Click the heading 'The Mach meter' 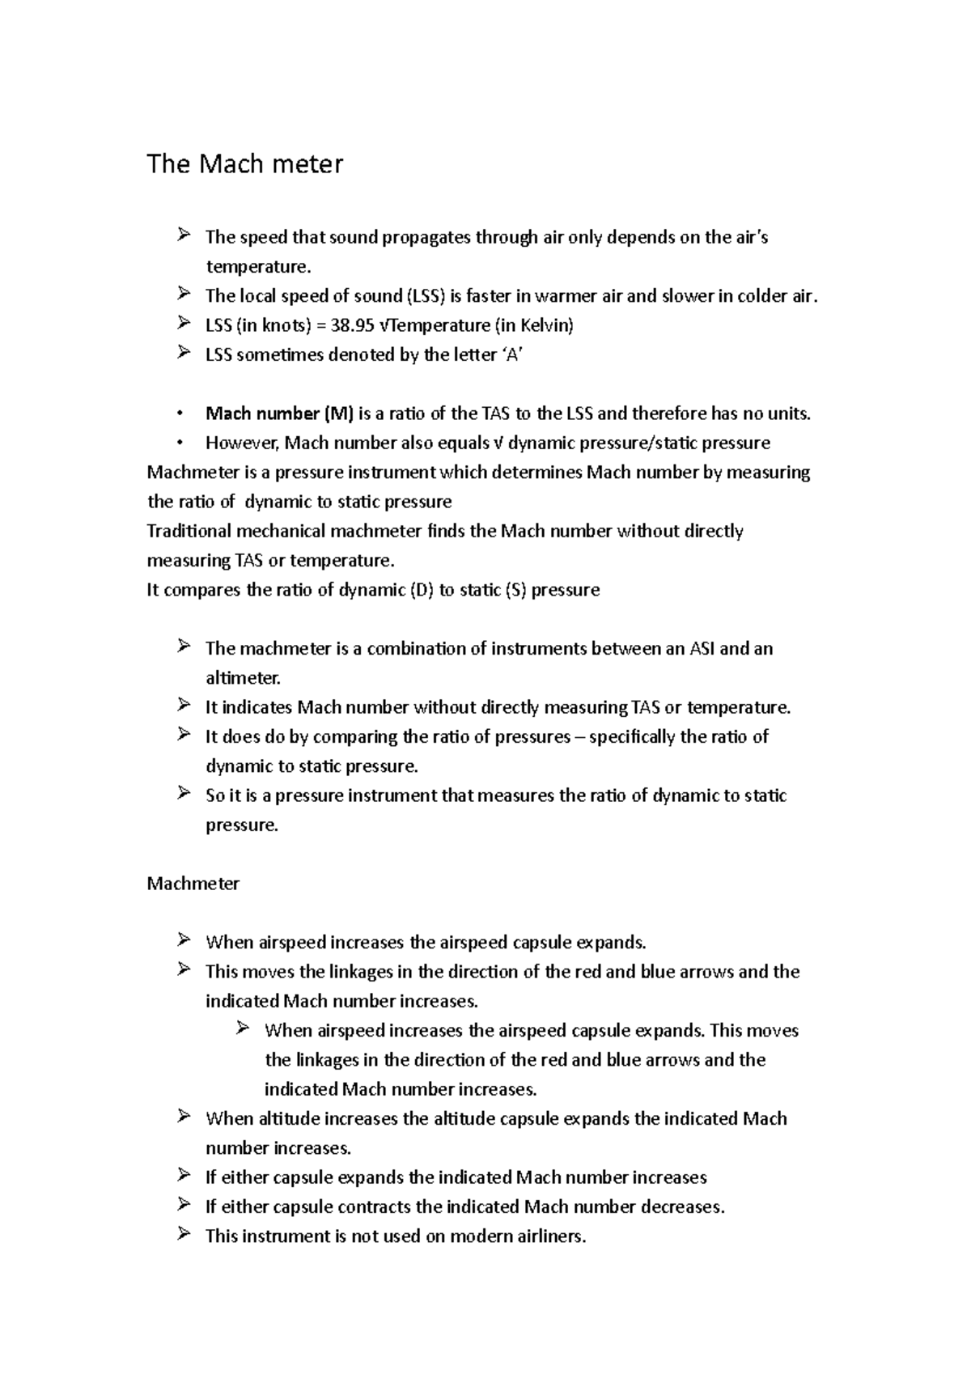tap(244, 164)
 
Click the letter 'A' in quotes tap(512, 355)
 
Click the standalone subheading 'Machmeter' tap(193, 884)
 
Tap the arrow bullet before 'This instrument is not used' tap(184, 1235)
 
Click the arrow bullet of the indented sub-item tap(243, 1029)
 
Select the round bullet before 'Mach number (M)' tap(180, 414)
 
